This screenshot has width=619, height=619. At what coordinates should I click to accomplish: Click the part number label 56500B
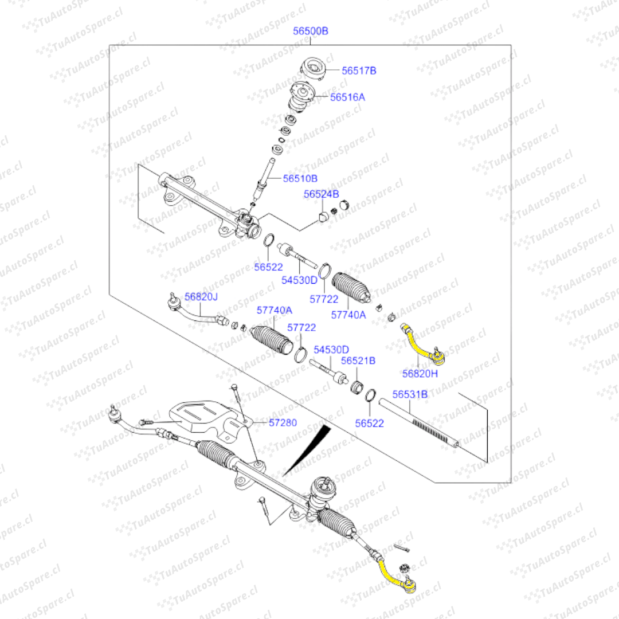[311, 31]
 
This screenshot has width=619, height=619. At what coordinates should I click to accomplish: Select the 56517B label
[359, 71]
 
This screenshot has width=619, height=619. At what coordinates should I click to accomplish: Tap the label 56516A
[347, 97]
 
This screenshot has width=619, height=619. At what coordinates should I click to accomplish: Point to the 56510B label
[300, 178]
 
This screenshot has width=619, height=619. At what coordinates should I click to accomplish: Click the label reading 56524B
[321, 195]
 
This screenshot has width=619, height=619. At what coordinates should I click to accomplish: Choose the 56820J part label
[201, 296]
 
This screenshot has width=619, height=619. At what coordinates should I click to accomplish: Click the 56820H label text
[420, 374]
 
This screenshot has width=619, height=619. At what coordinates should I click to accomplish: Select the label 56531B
[410, 394]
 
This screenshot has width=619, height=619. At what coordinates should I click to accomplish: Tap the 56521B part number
[358, 361]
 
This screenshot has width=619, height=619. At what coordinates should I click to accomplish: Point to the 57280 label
[283, 422]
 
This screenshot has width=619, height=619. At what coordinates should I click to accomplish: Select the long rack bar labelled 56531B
[418, 425]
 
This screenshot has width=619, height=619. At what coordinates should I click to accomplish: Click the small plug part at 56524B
[323, 217]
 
